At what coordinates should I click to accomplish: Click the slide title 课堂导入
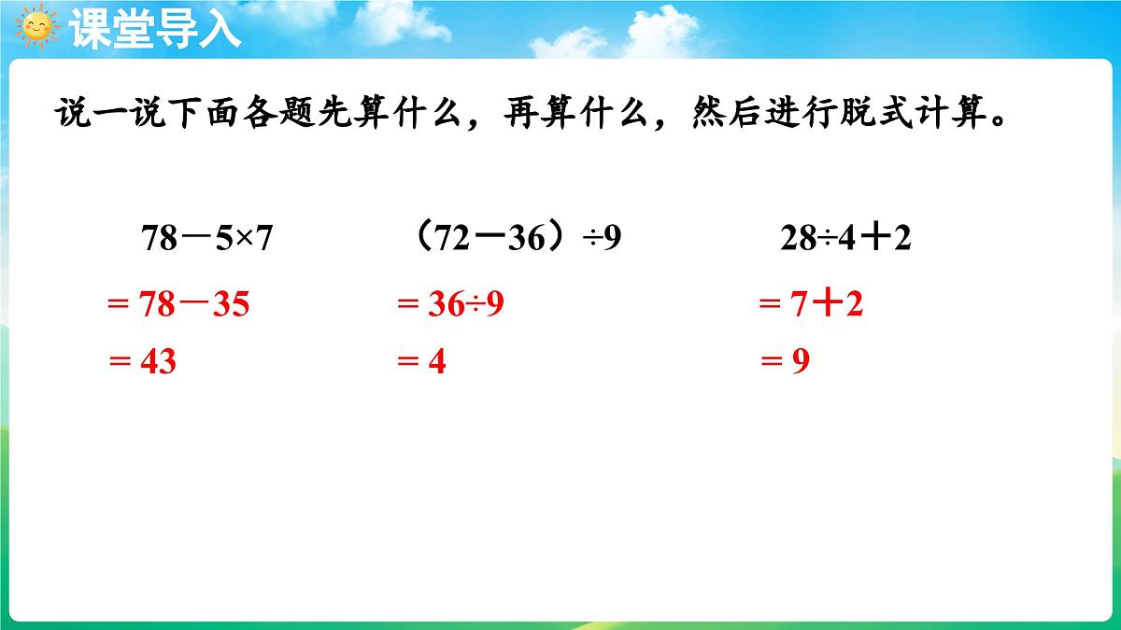point(155,28)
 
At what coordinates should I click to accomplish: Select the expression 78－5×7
point(206,240)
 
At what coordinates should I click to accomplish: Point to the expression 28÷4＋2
point(845,240)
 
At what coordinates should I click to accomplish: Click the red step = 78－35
point(178,304)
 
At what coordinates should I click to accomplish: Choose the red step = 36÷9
point(450,304)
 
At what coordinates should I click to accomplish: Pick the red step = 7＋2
point(811,304)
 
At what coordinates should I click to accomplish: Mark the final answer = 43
point(142,361)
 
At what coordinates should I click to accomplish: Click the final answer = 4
point(421,361)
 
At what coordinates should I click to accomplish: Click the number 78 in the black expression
point(159,240)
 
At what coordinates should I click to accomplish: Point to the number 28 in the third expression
point(797,240)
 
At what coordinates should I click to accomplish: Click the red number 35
point(231,304)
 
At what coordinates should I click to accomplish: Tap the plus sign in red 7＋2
point(826,304)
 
